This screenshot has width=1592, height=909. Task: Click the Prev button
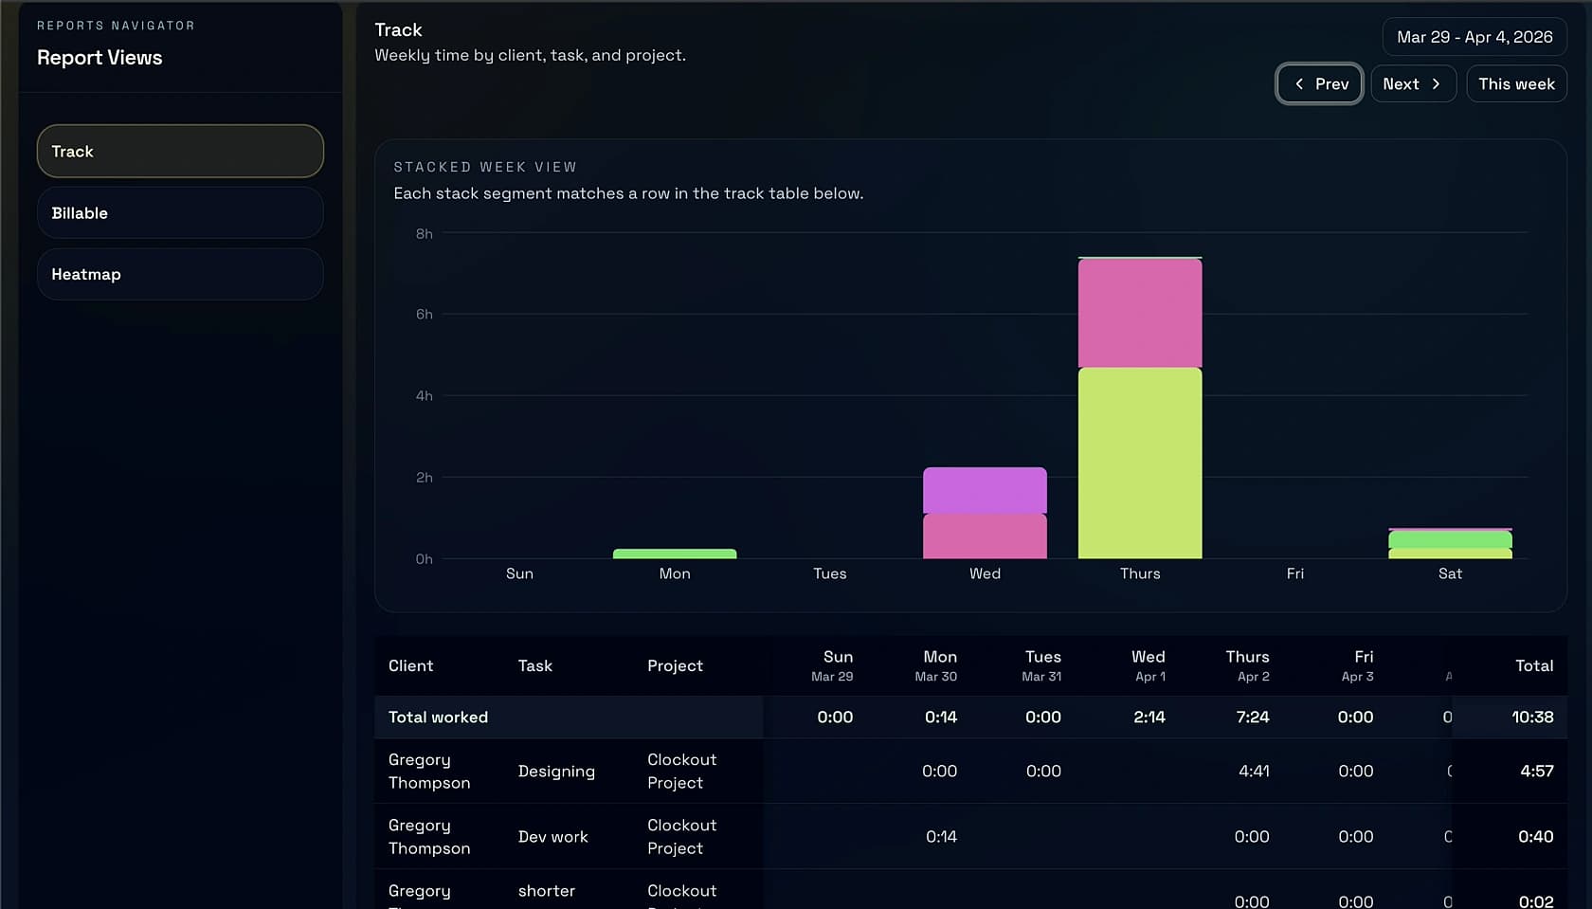pos(1319,84)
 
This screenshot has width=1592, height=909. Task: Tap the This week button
pos(1516,84)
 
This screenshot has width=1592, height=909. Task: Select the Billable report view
pos(180,213)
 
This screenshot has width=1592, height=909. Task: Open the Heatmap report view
pos(180,275)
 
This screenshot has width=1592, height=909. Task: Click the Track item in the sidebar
pos(180,152)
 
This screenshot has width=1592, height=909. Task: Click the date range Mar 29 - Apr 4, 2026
pos(1474,37)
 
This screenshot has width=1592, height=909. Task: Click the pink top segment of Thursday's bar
pos(1140,313)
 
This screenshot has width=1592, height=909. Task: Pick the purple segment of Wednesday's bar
pos(985,490)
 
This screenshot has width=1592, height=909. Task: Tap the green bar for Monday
pos(675,554)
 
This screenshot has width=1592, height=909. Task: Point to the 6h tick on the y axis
pos(424,315)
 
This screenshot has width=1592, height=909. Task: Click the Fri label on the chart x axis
pos(1294,573)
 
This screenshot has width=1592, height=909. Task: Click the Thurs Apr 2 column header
pos(1247,665)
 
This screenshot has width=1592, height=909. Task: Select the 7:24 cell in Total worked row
pos(1252,718)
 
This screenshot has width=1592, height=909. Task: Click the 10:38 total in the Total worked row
pos(1531,718)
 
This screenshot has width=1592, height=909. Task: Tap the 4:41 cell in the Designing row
pos(1253,772)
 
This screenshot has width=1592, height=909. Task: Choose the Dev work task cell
pos(553,837)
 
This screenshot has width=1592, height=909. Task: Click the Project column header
pos(675,666)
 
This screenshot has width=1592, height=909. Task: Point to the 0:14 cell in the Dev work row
pos(940,837)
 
